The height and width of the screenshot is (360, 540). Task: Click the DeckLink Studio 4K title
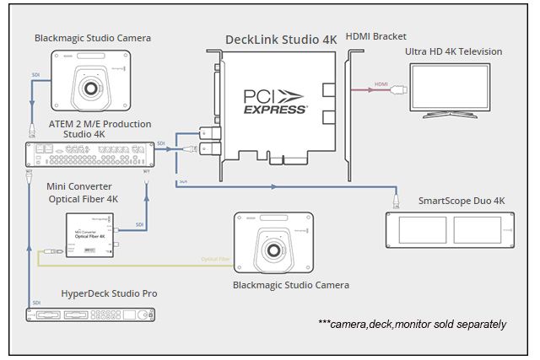coord(280,40)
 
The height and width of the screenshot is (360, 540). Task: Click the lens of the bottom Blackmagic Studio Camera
coord(273,251)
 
